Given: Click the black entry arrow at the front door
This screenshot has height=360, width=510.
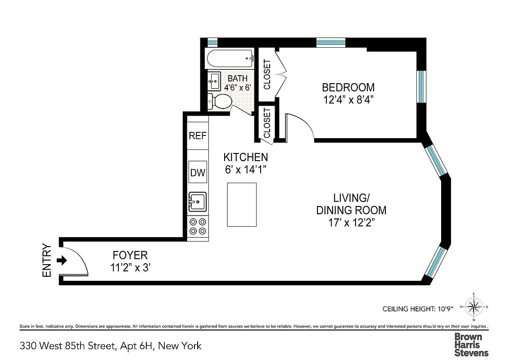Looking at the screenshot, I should click(63, 260).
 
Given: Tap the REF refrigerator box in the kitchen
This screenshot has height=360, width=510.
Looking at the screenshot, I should click(197, 136).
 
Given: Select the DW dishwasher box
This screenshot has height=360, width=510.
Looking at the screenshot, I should click(198, 172).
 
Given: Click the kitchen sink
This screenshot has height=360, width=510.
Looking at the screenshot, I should click(197, 201).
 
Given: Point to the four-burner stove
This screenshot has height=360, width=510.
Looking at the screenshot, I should click(198, 226).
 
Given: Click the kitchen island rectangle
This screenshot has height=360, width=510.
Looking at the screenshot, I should click(242, 205).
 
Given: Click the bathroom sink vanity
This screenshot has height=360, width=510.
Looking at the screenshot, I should click(214, 81).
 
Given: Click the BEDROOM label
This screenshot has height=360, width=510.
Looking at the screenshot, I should click(348, 87).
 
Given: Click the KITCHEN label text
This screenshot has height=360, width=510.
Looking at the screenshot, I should click(246, 157).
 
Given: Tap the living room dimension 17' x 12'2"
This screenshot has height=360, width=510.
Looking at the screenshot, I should click(351, 222).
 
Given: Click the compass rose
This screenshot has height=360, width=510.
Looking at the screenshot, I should click(473, 307).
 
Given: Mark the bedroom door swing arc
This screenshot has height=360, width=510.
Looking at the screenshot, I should click(299, 126).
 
